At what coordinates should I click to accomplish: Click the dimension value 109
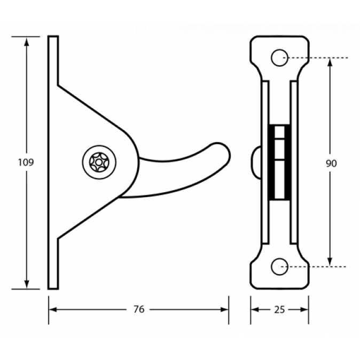point(26,162)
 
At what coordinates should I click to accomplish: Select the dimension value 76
point(139,309)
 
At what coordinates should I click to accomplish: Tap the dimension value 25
point(279,310)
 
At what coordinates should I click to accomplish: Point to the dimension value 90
point(331,163)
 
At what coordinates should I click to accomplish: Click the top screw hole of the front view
point(279,58)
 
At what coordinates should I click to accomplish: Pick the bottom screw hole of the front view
point(279,267)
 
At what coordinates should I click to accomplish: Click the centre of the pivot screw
point(99,162)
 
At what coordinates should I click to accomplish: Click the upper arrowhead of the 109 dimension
point(27,42)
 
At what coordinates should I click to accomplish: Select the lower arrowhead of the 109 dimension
point(27,284)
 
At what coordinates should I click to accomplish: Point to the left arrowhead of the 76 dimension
point(53,309)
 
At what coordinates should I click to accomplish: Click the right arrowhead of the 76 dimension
point(224,309)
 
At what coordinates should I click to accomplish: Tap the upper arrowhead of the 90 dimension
point(330,62)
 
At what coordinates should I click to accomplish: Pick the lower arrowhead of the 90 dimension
point(330,262)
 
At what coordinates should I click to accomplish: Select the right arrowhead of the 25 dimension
point(304,310)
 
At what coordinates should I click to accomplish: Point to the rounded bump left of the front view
point(256,162)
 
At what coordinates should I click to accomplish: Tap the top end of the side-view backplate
point(53,36)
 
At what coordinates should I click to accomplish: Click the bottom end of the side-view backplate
point(53,288)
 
